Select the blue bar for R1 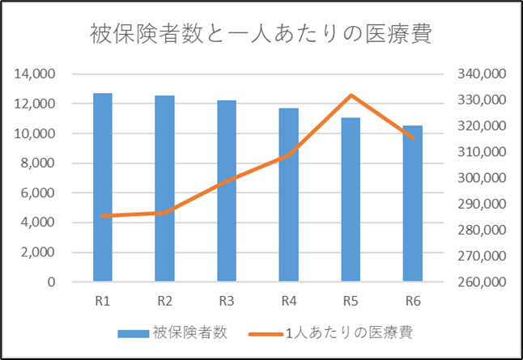point(103,188)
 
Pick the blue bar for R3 point(227,191)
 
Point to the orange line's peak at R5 point(351,95)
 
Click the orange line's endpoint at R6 point(413,138)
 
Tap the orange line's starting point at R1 point(103,216)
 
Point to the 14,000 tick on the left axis point(36,74)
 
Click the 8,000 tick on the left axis point(39,163)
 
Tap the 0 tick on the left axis point(51,282)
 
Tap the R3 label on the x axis point(227,302)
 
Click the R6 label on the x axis point(413,302)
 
